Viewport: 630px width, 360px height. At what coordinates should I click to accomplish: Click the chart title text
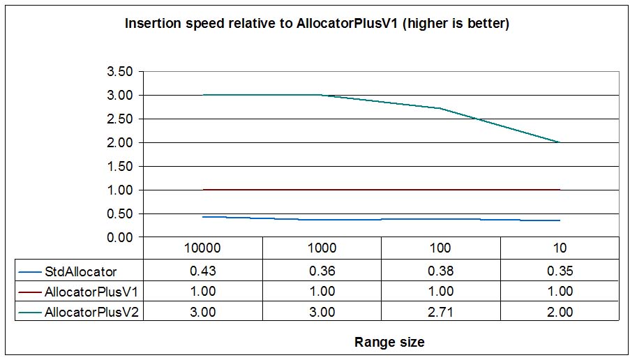317,24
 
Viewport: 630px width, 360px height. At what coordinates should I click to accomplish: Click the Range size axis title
389,342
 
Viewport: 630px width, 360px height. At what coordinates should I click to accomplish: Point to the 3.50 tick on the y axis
117,71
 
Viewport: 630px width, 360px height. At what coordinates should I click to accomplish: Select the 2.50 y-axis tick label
117,119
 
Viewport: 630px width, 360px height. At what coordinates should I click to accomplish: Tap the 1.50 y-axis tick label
117,166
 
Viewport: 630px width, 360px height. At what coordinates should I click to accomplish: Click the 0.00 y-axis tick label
117,237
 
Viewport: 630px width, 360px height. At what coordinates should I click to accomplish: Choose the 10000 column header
203,248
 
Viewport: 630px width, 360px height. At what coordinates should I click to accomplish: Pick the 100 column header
440,248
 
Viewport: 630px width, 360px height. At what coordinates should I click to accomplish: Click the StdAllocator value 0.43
203,271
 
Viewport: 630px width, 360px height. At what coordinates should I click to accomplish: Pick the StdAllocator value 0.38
440,271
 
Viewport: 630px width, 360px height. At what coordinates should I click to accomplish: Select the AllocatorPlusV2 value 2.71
440,312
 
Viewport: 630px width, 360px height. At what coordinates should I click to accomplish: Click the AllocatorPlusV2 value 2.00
560,312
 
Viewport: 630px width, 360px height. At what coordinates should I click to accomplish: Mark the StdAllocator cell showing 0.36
322,271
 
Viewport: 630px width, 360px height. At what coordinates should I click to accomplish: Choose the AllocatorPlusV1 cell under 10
560,292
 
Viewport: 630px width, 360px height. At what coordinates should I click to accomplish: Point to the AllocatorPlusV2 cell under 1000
322,312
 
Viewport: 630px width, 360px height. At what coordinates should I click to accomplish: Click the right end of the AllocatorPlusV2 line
560,142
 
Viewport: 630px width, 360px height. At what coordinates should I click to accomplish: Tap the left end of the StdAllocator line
203,217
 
